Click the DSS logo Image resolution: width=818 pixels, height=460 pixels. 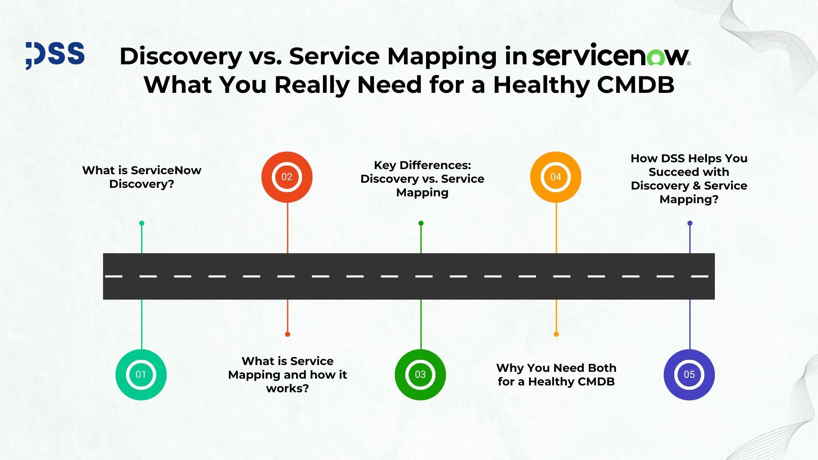point(55,55)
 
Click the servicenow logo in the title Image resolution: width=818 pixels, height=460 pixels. point(611,56)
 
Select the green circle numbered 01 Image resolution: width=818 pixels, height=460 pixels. point(141,374)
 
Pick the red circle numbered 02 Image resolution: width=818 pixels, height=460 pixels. point(287,177)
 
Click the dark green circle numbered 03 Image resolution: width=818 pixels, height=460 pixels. point(420,374)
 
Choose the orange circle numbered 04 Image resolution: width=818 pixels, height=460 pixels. point(556,177)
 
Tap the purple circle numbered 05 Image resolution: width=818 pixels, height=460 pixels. point(689,374)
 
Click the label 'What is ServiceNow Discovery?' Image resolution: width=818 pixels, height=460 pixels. point(141,177)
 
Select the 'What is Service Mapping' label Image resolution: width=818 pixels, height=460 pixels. point(288,374)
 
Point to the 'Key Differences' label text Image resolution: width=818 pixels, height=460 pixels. point(422,178)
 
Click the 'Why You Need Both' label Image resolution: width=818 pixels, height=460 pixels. point(556,374)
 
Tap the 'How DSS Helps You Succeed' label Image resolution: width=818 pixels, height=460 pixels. point(689,178)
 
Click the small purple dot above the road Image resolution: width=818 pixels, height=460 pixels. point(690,223)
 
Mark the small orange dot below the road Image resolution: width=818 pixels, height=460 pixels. point(556,334)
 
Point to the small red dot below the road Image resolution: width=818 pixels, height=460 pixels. point(288,334)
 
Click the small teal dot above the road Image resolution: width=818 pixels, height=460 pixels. point(142,223)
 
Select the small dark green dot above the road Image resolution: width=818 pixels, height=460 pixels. point(421,223)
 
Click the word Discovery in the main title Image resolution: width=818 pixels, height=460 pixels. point(181,56)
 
